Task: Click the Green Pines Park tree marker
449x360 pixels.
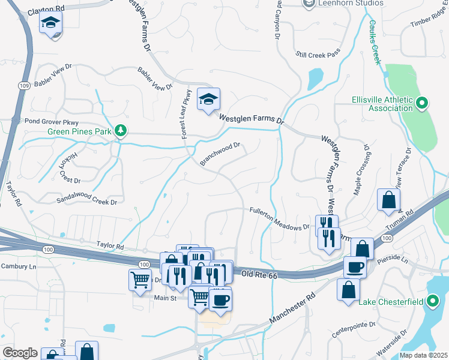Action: click(121, 130)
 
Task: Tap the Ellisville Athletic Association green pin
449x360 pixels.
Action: click(422, 103)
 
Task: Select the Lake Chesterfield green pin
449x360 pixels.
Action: click(433, 301)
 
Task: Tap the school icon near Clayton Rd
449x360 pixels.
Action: click(51, 25)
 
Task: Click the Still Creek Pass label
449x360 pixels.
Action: click(318, 54)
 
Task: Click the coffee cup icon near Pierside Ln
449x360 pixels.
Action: click(355, 266)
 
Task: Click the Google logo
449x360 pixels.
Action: click(20, 352)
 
